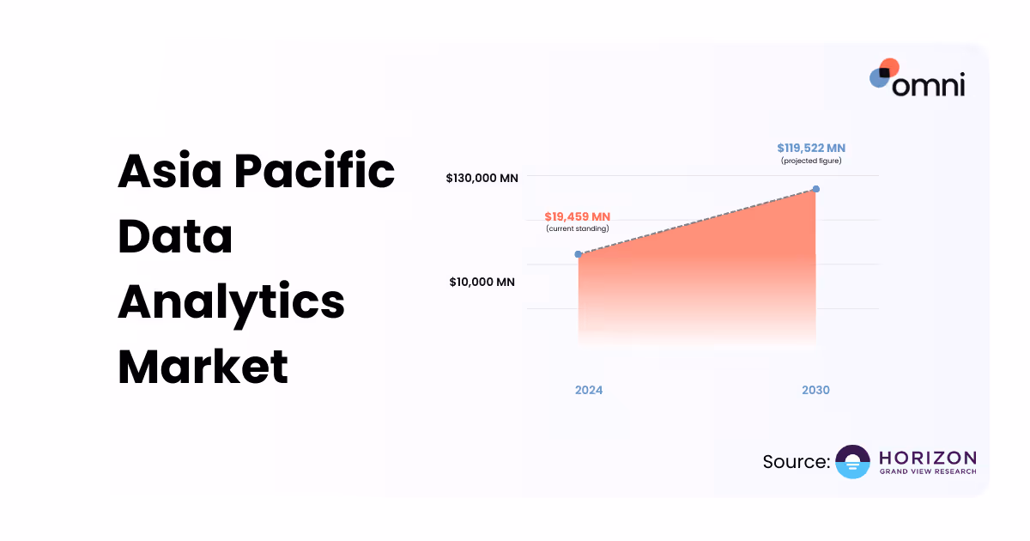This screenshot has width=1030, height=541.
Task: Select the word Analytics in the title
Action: (x=231, y=302)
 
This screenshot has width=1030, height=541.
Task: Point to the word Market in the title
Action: (x=203, y=367)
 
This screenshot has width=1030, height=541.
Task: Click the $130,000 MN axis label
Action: (x=482, y=179)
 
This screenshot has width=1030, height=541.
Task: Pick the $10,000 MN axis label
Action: (x=482, y=282)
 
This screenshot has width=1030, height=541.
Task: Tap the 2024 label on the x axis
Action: (x=589, y=390)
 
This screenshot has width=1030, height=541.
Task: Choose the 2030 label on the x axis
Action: (x=815, y=390)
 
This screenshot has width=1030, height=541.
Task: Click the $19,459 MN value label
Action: (x=577, y=216)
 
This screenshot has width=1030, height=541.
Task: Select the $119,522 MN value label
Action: (x=811, y=149)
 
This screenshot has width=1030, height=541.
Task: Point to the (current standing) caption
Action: (x=577, y=228)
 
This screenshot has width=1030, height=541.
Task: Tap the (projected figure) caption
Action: (x=811, y=161)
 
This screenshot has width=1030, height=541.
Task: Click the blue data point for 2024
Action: (x=579, y=254)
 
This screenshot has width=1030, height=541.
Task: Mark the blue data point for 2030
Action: (x=815, y=189)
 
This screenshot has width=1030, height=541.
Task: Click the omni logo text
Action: (x=928, y=84)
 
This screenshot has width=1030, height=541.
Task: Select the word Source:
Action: (x=796, y=462)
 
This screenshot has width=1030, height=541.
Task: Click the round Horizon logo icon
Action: (x=852, y=462)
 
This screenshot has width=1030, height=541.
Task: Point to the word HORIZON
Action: (x=928, y=457)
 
